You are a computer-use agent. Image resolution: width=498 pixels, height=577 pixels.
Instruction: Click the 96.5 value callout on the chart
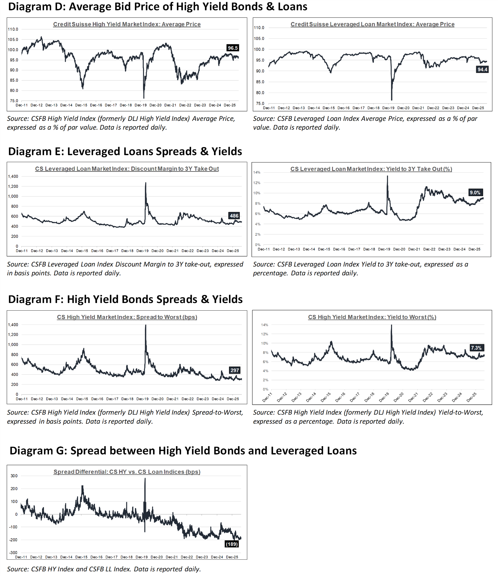point(233,48)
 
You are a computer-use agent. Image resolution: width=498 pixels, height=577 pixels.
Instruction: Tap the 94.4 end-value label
point(482,70)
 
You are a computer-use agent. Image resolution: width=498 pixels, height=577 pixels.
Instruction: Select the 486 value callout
point(234,216)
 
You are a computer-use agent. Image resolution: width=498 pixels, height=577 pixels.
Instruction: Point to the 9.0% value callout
point(475,192)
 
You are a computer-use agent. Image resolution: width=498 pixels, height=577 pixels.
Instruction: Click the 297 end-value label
point(235,370)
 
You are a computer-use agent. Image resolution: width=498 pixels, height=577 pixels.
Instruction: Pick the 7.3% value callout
point(476,348)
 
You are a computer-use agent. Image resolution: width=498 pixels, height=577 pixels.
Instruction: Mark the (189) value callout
point(232,544)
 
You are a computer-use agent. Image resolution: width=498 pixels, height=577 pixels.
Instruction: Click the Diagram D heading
point(158,7)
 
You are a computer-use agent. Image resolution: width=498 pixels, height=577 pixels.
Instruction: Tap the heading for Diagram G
point(183,450)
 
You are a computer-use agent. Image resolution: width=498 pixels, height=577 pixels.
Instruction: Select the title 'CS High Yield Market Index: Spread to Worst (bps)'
point(127,317)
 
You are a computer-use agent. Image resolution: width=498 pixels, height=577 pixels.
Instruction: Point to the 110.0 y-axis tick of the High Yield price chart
point(13,29)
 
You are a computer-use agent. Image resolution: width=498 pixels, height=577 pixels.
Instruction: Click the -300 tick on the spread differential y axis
point(13,552)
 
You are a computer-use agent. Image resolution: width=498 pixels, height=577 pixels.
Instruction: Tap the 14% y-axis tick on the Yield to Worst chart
point(265,325)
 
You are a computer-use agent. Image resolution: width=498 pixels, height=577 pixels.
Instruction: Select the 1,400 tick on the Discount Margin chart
point(13,176)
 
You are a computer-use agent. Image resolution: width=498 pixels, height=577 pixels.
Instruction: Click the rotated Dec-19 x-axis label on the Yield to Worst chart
point(384,397)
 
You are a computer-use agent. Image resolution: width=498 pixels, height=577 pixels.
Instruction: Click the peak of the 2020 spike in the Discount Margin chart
point(146,182)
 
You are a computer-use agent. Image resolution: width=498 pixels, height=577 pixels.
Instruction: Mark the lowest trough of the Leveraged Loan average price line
point(392,100)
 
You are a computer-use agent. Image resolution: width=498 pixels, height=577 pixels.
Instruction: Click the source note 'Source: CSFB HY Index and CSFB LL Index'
point(104,569)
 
